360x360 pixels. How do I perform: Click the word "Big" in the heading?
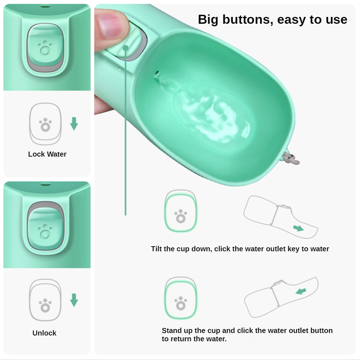click(208, 20)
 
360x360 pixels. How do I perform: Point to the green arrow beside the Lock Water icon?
click(74, 124)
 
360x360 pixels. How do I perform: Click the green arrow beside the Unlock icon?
click(74, 300)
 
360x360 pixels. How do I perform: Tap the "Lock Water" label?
click(47, 154)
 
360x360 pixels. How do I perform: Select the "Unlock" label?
click(44, 333)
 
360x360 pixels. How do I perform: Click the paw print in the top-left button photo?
click(45, 48)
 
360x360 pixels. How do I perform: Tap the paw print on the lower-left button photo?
click(45, 231)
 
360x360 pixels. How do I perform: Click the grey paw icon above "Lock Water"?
click(45, 125)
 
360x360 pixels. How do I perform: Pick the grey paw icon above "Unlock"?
click(45, 305)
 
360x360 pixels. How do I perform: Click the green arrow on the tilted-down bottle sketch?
click(298, 228)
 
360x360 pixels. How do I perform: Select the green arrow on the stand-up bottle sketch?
click(301, 291)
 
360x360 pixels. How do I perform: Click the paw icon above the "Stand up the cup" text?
click(181, 303)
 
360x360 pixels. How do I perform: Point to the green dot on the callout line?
click(126, 48)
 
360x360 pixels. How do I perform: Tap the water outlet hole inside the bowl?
click(157, 74)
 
